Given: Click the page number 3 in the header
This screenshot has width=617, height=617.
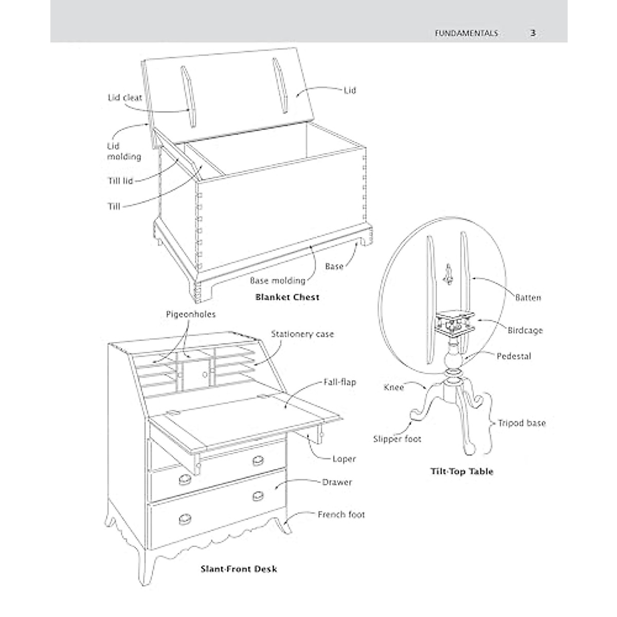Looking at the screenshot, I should (x=533, y=33).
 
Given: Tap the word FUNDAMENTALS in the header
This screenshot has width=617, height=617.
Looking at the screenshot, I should (x=466, y=33).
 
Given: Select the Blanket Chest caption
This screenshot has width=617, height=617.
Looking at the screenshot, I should (x=287, y=297).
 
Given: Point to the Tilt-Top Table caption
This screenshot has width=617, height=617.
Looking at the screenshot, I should (x=461, y=471).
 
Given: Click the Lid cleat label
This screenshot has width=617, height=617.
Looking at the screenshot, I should (x=125, y=97).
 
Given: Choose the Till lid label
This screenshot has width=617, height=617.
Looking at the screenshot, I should (x=120, y=181).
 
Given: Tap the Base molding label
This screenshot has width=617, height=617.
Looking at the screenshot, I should (x=277, y=281).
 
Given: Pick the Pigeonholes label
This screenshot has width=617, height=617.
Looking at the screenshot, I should (x=191, y=314).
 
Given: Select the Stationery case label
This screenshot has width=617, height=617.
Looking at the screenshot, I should (x=302, y=334).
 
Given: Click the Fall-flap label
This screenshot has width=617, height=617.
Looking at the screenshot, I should (x=339, y=383).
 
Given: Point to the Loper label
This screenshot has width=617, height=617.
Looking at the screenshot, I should (x=344, y=459).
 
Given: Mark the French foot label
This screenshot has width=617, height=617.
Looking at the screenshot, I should (x=341, y=514).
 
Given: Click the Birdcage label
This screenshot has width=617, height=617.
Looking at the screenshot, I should (x=525, y=331).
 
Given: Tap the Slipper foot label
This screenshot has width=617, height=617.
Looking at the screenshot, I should (x=397, y=439).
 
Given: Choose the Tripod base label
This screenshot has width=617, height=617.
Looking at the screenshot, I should (x=522, y=423).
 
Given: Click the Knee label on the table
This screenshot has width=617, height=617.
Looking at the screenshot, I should (x=394, y=387).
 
